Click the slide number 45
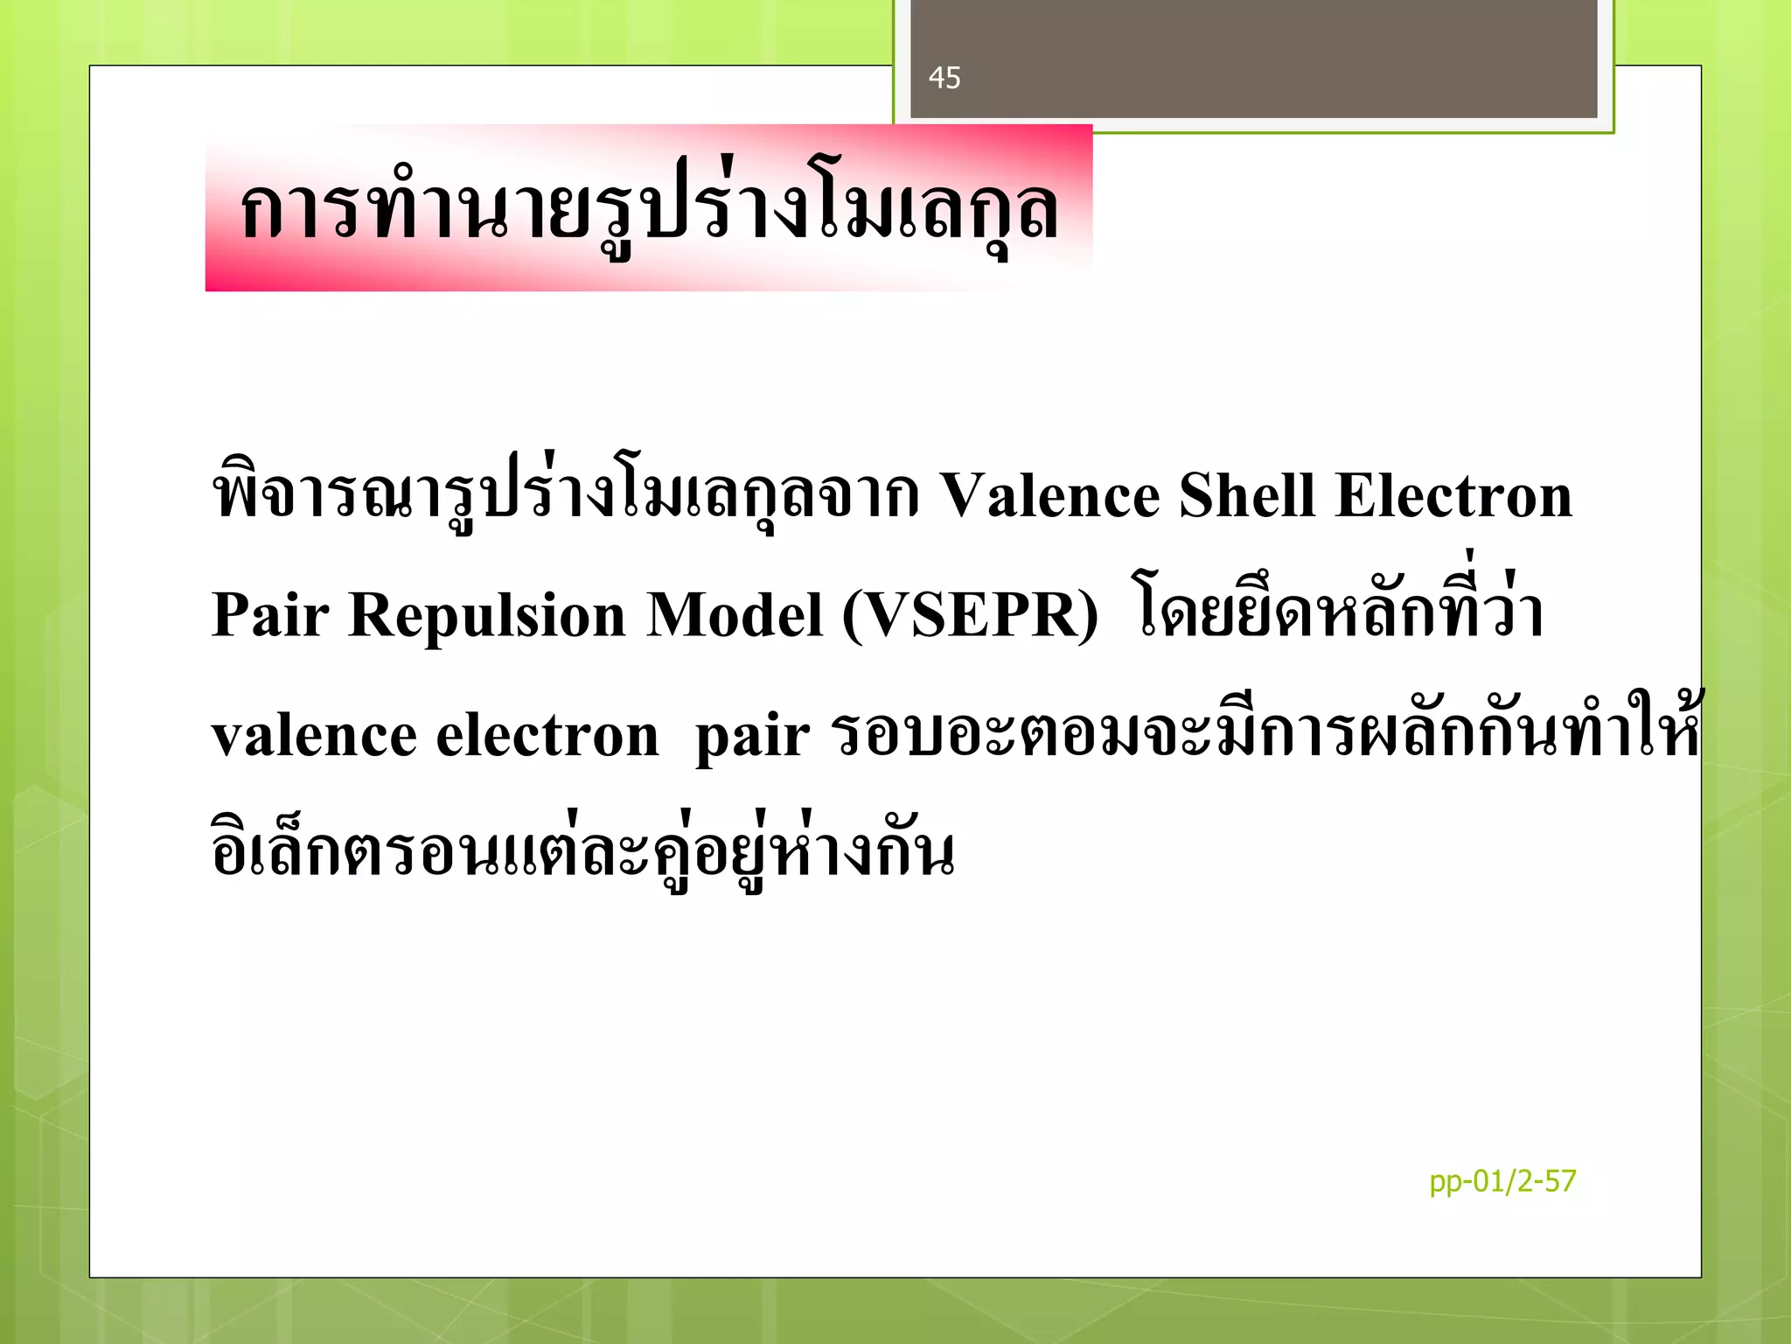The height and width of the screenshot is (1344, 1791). coord(944,78)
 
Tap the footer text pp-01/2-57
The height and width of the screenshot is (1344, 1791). coord(1502,1181)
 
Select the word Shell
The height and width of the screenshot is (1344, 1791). coord(1247,496)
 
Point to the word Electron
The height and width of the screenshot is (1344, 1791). coord(1453,496)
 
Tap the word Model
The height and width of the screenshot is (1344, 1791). coord(735,615)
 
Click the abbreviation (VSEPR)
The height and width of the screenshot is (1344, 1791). coord(970,616)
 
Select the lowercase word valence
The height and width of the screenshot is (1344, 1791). coord(314,735)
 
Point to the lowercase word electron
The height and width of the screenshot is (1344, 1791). coord(547,735)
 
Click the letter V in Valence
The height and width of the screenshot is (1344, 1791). coord(962,496)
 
